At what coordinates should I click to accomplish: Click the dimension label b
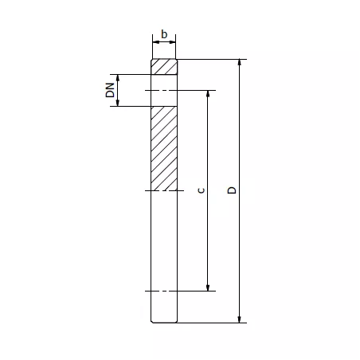164,34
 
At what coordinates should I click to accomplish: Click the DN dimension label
110,91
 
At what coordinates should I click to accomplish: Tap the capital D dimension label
231,190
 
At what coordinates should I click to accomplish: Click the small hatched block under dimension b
164,67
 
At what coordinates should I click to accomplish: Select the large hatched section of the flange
164,148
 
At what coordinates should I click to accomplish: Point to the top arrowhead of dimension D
240,63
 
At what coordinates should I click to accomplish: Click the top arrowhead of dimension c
209,94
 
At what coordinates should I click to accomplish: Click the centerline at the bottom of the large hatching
164,191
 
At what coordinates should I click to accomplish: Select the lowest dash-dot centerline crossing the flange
164,291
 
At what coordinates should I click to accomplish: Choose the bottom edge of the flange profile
164,322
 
